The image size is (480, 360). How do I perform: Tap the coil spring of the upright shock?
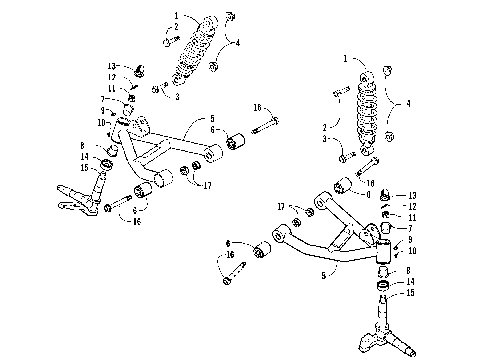[x=371, y=107]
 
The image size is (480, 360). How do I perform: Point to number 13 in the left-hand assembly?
[x=113, y=65]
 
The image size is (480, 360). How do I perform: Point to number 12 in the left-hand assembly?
[x=113, y=77]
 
